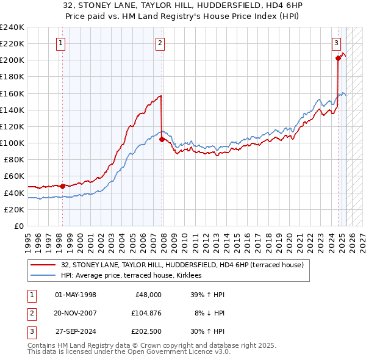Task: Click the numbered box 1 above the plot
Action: click(x=62, y=43)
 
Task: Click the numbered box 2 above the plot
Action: click(x=160, y=43)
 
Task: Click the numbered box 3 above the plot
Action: click(x=336, y=43)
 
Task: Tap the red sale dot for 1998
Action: click(x=62, y=186)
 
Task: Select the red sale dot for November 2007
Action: click(x=162, y=139)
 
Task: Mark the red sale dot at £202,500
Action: click(x=338, y=59)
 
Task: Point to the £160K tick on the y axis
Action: click(x=13, y=93)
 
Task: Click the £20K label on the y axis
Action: click(x=15, y=209)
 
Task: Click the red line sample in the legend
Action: click(x=43, y=265)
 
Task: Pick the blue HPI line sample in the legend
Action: click(x=43, y=276)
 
